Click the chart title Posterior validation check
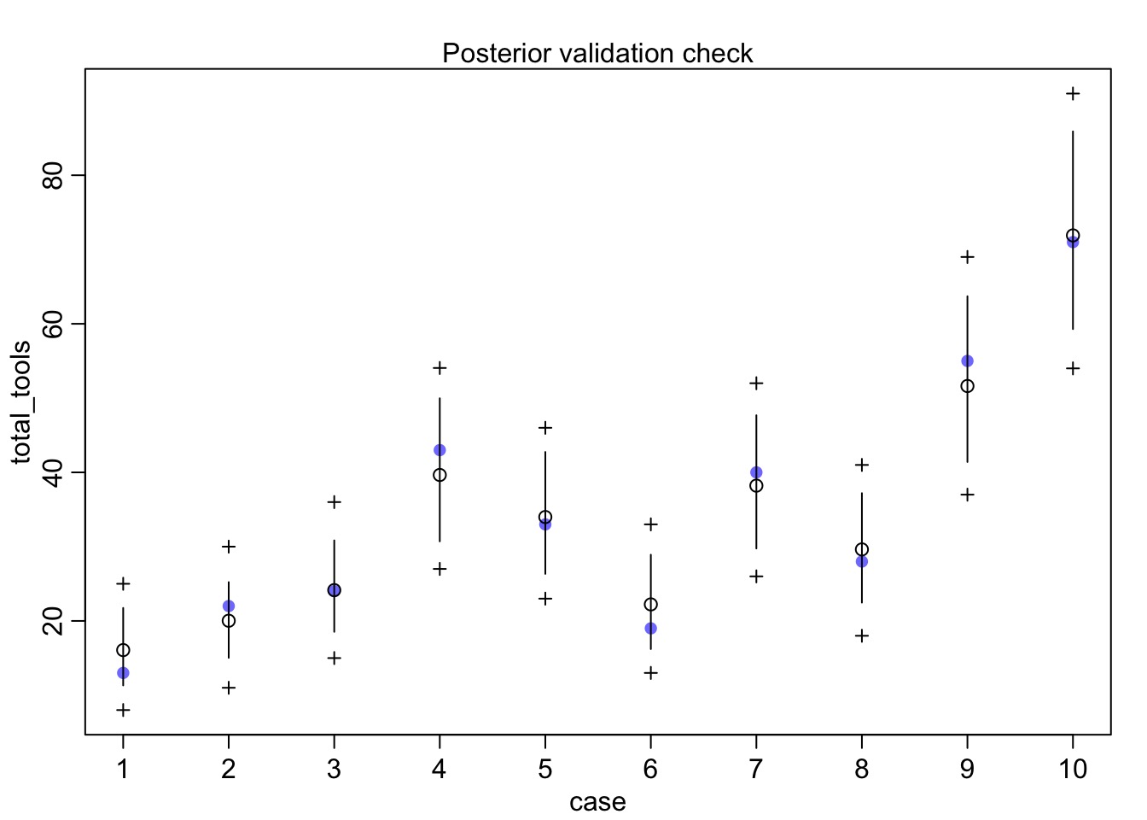click(597, 53)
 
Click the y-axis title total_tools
click(22, 402)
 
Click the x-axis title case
click(597, 802)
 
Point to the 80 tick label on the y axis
click(53, 175)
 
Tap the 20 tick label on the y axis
click(53, 621)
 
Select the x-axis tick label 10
click(1073, 769)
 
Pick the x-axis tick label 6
click(650, 769)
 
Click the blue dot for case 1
click(123, 673)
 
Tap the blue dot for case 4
click(440, 450)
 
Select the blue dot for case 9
click(967, 361)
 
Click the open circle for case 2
click(229, 621)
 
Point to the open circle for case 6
click(650, 605)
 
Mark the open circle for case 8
click(862, 549)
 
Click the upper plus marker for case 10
click(1073, 93)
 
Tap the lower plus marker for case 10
click(1073, 368)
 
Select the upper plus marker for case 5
click(545, 427)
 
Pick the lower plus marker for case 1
click(123, 710)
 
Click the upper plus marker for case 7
click(756, 384)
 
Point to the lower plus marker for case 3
click(335, 658)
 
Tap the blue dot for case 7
click(756, 472)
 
